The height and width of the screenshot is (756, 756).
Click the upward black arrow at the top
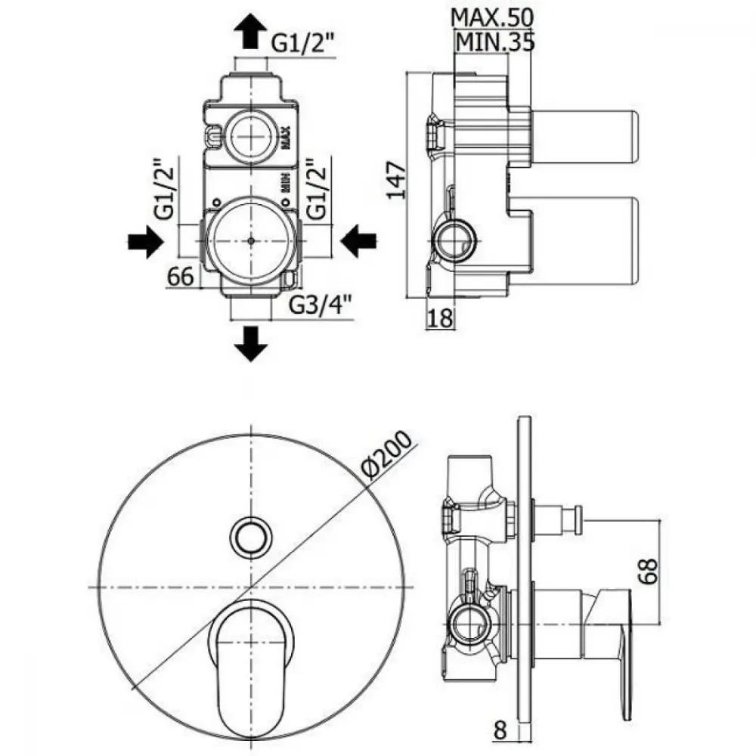point(250,31)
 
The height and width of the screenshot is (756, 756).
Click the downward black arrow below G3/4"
point(250,343)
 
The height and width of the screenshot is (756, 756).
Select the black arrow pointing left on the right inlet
point(358,241)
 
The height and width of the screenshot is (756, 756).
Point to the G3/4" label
point(320,304)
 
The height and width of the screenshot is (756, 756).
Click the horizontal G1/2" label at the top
point(302,43)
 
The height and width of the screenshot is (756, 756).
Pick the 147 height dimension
point(397,181)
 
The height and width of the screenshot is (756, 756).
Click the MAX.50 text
point(492,18)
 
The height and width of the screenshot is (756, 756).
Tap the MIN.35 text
point(495,42)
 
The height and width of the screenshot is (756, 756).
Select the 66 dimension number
point(181,276)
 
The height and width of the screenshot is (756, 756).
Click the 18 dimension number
point(441,318)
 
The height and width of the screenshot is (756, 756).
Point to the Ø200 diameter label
point(388,455)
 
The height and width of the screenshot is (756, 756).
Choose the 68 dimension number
point(649,572)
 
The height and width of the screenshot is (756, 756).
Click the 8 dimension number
point(500,730)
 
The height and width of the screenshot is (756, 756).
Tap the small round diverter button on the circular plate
point(251,537)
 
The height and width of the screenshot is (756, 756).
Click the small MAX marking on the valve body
point(286,137)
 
